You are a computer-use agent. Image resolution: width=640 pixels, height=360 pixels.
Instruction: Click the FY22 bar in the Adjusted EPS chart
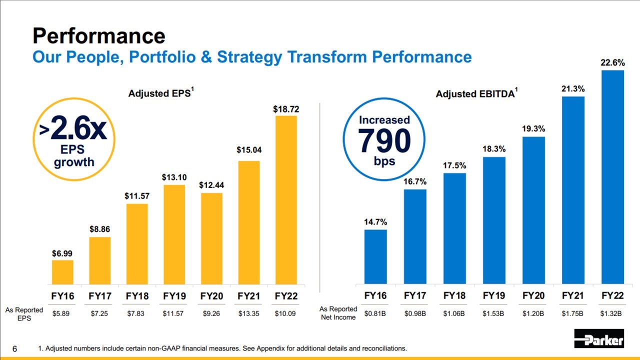[286, 200]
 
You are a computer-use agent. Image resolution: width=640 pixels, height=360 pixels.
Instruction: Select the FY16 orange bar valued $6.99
[62, 272]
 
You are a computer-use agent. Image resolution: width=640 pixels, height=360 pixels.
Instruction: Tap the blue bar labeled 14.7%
[375, 257]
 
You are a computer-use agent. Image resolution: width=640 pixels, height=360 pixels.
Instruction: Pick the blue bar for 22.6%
[612, 177]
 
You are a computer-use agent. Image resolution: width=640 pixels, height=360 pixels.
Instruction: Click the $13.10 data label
[174, 177]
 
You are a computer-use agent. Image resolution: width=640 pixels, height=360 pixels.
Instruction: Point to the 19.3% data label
[533, 128]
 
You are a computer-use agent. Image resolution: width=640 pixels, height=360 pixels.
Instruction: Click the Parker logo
[599, 338]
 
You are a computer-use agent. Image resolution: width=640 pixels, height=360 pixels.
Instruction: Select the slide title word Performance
[99, 36]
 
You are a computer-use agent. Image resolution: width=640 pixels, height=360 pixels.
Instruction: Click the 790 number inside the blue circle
[384, 141]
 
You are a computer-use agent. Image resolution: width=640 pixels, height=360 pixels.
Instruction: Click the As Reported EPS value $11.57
[174, 313]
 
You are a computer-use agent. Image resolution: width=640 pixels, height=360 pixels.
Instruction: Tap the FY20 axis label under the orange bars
[211, 296]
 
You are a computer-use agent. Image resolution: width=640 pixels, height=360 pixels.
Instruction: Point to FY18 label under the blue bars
[454, 296]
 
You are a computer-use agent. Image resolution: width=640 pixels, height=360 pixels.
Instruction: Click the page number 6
[15, 348]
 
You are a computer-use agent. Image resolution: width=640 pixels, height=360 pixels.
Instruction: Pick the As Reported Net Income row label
[338, 313]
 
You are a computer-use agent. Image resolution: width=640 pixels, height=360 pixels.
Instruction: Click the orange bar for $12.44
[211, 238]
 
